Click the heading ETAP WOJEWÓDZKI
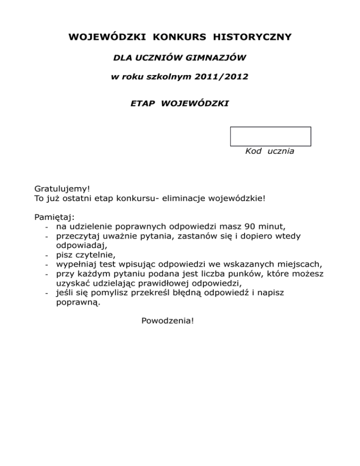click(180, 103)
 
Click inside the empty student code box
click(270, 136)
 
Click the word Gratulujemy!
click(62, 188)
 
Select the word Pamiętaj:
click(54, 217)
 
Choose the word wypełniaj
click(76, 265)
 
